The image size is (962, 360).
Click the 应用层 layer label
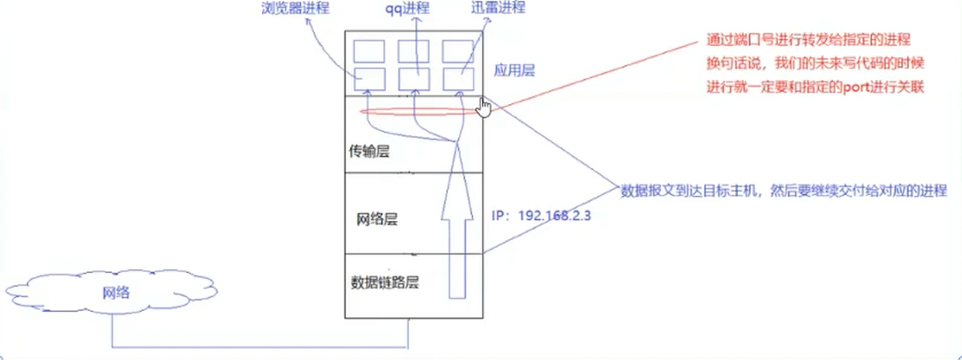pyautogui.click(x=513, y=70)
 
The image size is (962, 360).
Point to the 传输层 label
pyautogui.click(x=369, y=152)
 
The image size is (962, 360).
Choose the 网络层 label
pyautogui.click(x=377, y=220)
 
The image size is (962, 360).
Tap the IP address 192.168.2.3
pyautogui.click(x=542, y=216)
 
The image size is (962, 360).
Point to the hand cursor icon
pyautogui.click(x=484, y=107)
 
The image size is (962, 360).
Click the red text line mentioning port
pyautogui.click(x=815, y=88)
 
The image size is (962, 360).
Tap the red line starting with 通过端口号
pyautogui.click(x=808, y=41)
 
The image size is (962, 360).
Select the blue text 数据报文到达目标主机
pyautogui.click(x=784, y=190)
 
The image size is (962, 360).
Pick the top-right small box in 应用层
pyautogui.click(x=459, y=50)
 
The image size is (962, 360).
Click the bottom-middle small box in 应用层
pyautogui.click(x=413, y=79)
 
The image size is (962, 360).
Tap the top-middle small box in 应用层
pyautogui.click(x=413, y=50)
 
